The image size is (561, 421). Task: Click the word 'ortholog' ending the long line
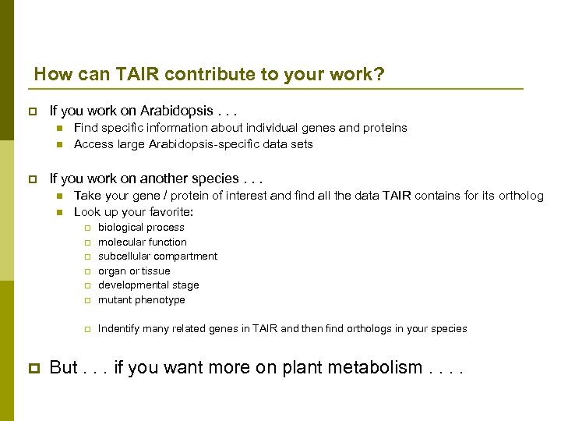[x=521, y=196]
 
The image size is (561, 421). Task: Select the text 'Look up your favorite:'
[x=133, y=211]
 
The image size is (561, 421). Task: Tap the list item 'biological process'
[x=141, y=228]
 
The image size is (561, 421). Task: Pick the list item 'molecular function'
[x=143, y=242]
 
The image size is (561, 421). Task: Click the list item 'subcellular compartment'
[x=157, y=256]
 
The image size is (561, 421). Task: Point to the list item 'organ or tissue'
[x=134, y=271]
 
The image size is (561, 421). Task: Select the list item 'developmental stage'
[x=148, y=285]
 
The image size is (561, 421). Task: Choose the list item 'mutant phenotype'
[x=141, y=300]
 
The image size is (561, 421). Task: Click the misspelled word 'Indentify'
[x=120, y=329]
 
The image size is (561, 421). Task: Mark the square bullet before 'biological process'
[x=88, y=228]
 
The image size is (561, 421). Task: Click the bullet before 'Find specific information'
[x=58, y=128]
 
